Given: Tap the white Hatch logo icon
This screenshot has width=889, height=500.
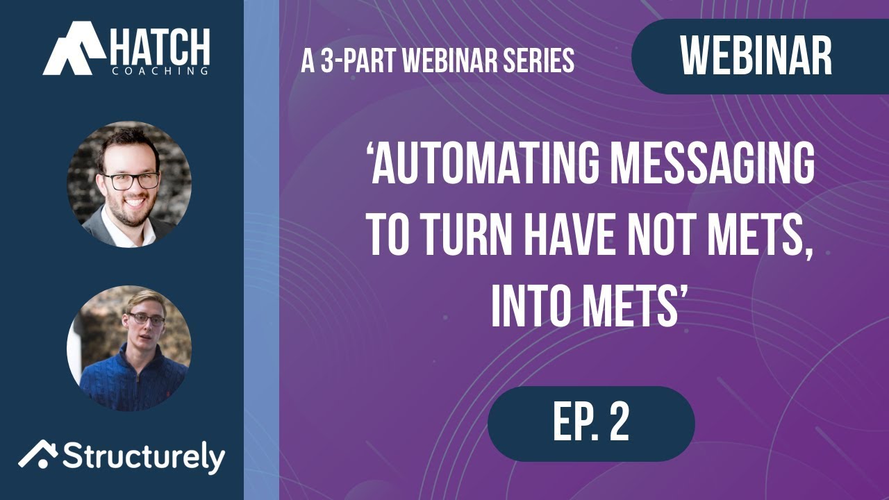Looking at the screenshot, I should coord(72,49).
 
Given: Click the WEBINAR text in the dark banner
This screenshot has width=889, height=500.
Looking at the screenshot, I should coord(756,56).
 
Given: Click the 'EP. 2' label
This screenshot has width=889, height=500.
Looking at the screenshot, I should coord(591,423).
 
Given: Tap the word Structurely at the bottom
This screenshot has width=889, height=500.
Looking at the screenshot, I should coord(144,458).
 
